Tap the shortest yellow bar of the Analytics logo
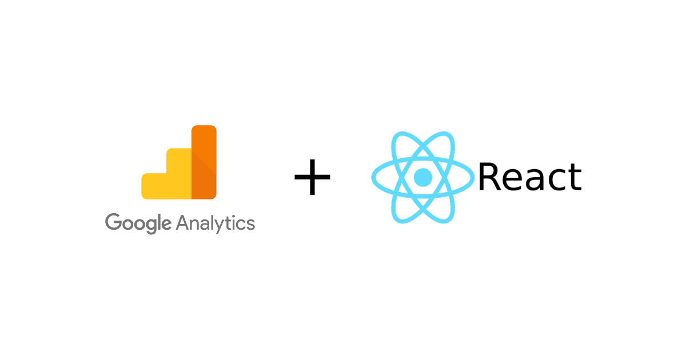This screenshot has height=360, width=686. pos(154,186)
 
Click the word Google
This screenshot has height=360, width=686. pos(138,223)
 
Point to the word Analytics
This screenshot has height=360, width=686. pos(216,223)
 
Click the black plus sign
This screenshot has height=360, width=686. pos(312,177)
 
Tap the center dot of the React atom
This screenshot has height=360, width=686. pos(423,177)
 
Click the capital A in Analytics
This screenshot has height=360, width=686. pos(183,222)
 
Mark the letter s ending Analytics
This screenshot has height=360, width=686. pos(250,224)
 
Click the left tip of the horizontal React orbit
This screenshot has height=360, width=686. pos(373,177)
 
